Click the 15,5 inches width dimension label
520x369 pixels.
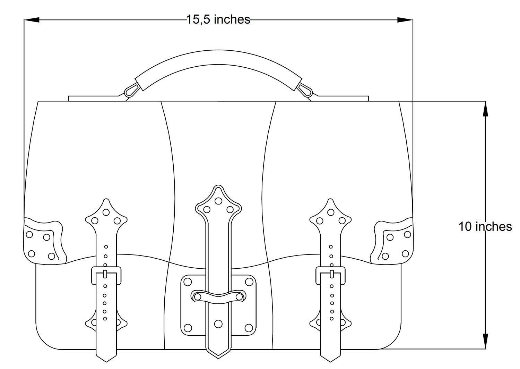218,19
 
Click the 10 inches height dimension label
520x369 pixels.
485,226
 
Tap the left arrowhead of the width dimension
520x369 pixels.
32,20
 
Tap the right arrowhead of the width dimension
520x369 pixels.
405,20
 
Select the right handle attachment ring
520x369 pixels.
305,90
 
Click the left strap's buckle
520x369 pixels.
106,276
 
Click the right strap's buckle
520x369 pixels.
331,276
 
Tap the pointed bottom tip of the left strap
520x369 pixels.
106,362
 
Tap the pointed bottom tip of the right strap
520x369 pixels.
331,362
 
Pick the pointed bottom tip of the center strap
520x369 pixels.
218,358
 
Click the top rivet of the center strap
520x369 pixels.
218,201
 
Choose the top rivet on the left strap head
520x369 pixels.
106,212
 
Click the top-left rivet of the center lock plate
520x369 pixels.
187,282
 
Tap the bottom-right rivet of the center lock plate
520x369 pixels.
249,328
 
